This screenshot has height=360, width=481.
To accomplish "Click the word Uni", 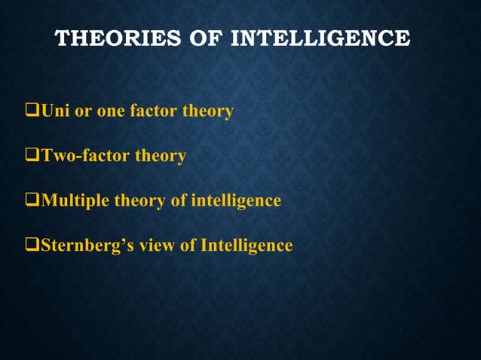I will [54, 112].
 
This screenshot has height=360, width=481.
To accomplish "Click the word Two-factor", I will [84, 157].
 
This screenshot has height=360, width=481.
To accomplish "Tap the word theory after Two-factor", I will [160, 157].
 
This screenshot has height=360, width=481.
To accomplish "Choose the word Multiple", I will [75, 201].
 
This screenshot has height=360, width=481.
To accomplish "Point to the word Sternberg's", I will [82, 246].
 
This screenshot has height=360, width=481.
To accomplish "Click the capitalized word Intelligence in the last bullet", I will [245, 246].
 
